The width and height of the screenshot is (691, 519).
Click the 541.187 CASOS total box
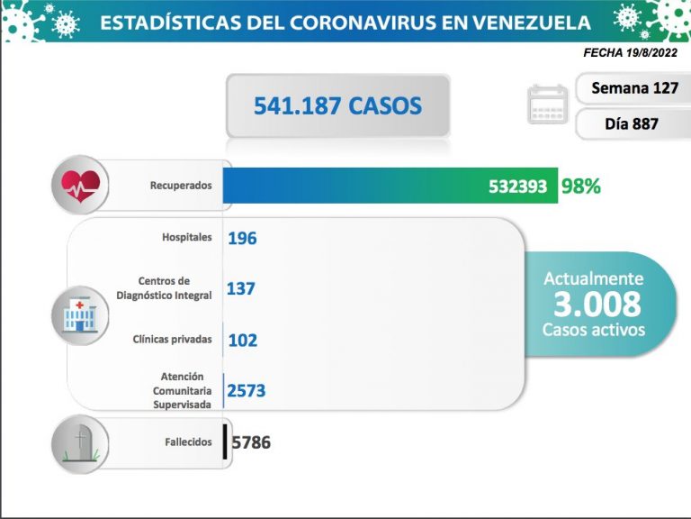(x=337, y=105)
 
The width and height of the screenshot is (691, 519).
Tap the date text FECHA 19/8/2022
(x=631, y=53)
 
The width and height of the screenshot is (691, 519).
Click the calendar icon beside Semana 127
(x=547, y=106)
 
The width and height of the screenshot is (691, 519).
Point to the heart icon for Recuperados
(x=80, y=187)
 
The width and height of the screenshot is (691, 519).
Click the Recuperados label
(x=181, y=186)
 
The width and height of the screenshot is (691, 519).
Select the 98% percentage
(x=580, y=187)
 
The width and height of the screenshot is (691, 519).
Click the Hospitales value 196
(x=242, y=238)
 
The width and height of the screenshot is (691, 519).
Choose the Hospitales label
(x=187, y=237)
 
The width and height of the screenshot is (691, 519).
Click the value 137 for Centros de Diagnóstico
(x=241, y=288)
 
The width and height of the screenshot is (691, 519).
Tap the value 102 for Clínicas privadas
(x=242, y=340)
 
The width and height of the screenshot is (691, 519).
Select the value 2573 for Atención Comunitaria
(x=247, y=390)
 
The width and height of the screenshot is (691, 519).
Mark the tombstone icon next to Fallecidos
(x=81, y=442)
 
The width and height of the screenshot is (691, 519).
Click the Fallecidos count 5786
(x=251, y=442)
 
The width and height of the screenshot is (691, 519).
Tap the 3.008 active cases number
(x=597, y=305)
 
